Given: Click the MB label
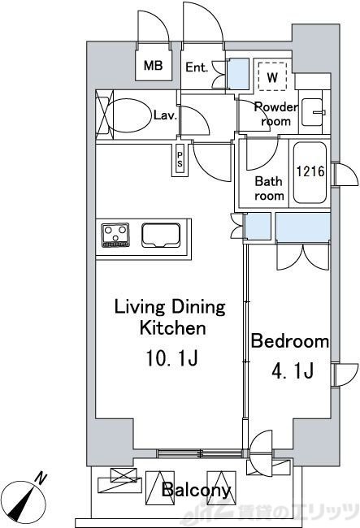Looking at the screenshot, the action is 154,65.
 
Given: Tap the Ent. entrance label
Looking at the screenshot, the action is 197,67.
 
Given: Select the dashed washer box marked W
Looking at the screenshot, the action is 272,76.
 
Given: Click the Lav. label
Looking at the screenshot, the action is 165,116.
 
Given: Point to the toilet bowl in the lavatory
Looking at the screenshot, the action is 128,116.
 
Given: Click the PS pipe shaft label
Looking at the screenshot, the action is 180,159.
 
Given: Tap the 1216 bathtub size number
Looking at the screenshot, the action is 310,171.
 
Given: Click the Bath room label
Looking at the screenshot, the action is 269,188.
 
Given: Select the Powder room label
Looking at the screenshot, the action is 275,114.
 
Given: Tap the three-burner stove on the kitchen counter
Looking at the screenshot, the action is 115,235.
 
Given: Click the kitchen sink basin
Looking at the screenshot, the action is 161,235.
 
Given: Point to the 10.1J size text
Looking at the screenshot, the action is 171,358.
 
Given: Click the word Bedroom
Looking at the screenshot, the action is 290,341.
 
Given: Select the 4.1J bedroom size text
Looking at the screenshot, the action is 293,370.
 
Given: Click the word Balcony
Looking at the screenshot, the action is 196,490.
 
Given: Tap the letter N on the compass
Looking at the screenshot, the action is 41,478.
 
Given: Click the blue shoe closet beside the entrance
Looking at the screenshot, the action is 239,74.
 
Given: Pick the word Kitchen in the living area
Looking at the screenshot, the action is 172,327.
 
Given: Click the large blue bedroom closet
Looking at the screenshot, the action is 303,227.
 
